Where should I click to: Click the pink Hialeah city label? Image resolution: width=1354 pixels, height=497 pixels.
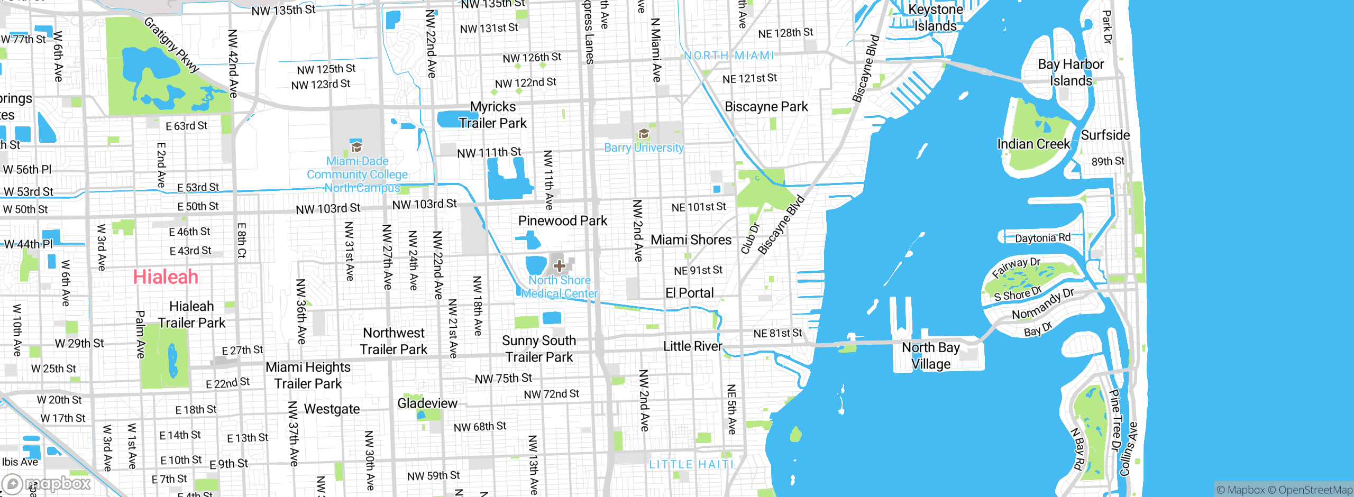pyautogui.click(x=166, y=277)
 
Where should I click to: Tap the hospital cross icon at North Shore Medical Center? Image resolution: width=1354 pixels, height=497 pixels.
pyautogui.click(x=560, y=265)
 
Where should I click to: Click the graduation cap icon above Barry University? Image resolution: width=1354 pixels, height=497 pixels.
pyautogui.click(x=644, y=133)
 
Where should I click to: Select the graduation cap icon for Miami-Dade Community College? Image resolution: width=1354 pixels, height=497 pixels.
pyautogui.click(x=356, y=146)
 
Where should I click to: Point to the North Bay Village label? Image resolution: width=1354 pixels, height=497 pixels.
pyautogui.click(x=931, y=355)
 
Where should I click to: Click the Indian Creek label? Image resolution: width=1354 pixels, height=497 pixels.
pyautogui.click(x=1033, y=144)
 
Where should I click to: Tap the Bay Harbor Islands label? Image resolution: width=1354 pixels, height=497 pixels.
pyautogui.click(x=1071, y=72)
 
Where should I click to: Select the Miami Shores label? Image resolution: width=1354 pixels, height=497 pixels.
pyautogui.click(x=691, y=240)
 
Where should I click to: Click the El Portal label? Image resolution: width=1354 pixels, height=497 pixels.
pyautogui.click(x=689, y=292)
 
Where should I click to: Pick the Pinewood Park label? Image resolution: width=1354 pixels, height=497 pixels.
pyautogui.click(x=563, y=220)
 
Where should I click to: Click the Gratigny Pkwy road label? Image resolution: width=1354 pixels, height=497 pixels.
pyautogui.click(x=171, y=45)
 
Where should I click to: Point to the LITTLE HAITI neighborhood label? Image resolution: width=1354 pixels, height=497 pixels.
pyautogui.click(x=691, y=464)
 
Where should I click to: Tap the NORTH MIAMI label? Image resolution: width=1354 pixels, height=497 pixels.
pyautogui.click(x=729, y=56)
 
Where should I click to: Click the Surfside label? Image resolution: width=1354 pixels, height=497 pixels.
pyautogui.click(x=1105, y=135)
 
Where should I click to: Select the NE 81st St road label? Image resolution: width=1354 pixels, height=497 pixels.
pyautogui.click(x=777, y=333)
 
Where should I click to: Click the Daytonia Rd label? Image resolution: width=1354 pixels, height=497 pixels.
pyautogui.click(x=1042, y=238)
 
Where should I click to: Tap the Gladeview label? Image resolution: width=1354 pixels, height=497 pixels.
pyautogui.click(x=427, y=403)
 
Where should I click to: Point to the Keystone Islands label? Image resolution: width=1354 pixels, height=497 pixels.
pyautogui.click(x=935, y=17)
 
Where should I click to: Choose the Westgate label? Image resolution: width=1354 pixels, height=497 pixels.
pyautogui.click(x=332, y=409)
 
